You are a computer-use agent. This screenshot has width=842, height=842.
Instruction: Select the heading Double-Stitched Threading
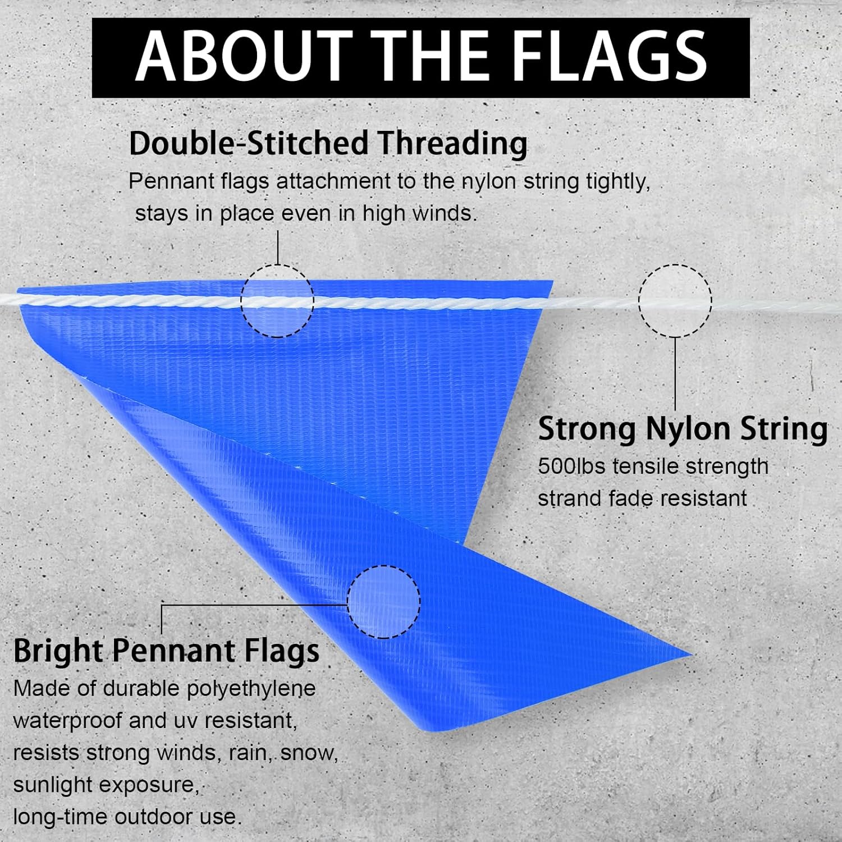tap(328, 143)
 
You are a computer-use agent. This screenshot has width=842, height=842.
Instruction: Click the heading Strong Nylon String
tap(683, 429)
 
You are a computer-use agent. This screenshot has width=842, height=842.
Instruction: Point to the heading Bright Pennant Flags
tap(166, 651)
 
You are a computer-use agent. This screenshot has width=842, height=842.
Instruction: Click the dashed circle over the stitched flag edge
tap(277, 301)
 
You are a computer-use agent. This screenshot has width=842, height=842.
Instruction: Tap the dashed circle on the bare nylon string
tap(675, 301)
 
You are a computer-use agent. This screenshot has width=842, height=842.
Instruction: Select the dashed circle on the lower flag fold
tap(383, 602)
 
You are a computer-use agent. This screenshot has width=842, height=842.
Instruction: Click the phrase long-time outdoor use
tap(127, 817)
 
